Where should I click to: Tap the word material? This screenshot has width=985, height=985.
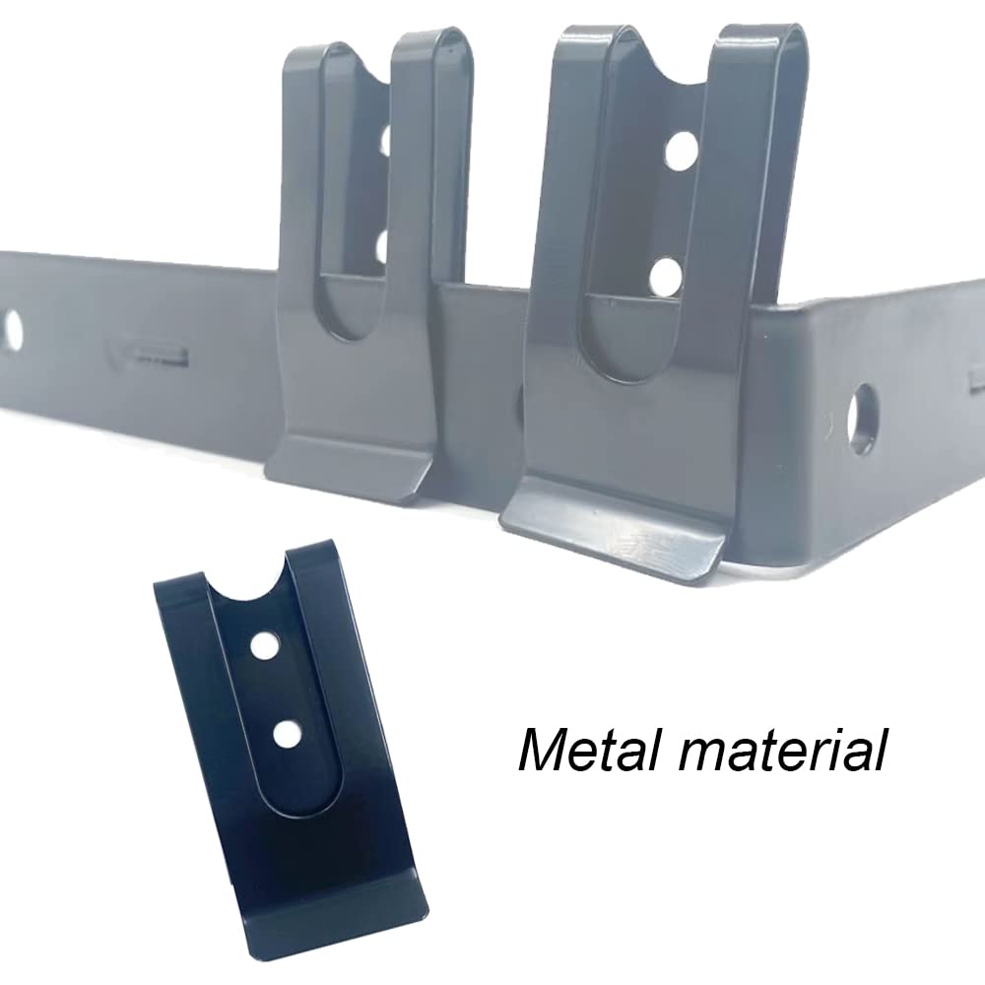pyautogui.click(x=782, y=750)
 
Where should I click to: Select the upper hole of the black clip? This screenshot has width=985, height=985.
pyautogui.click(x=264, y=645)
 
